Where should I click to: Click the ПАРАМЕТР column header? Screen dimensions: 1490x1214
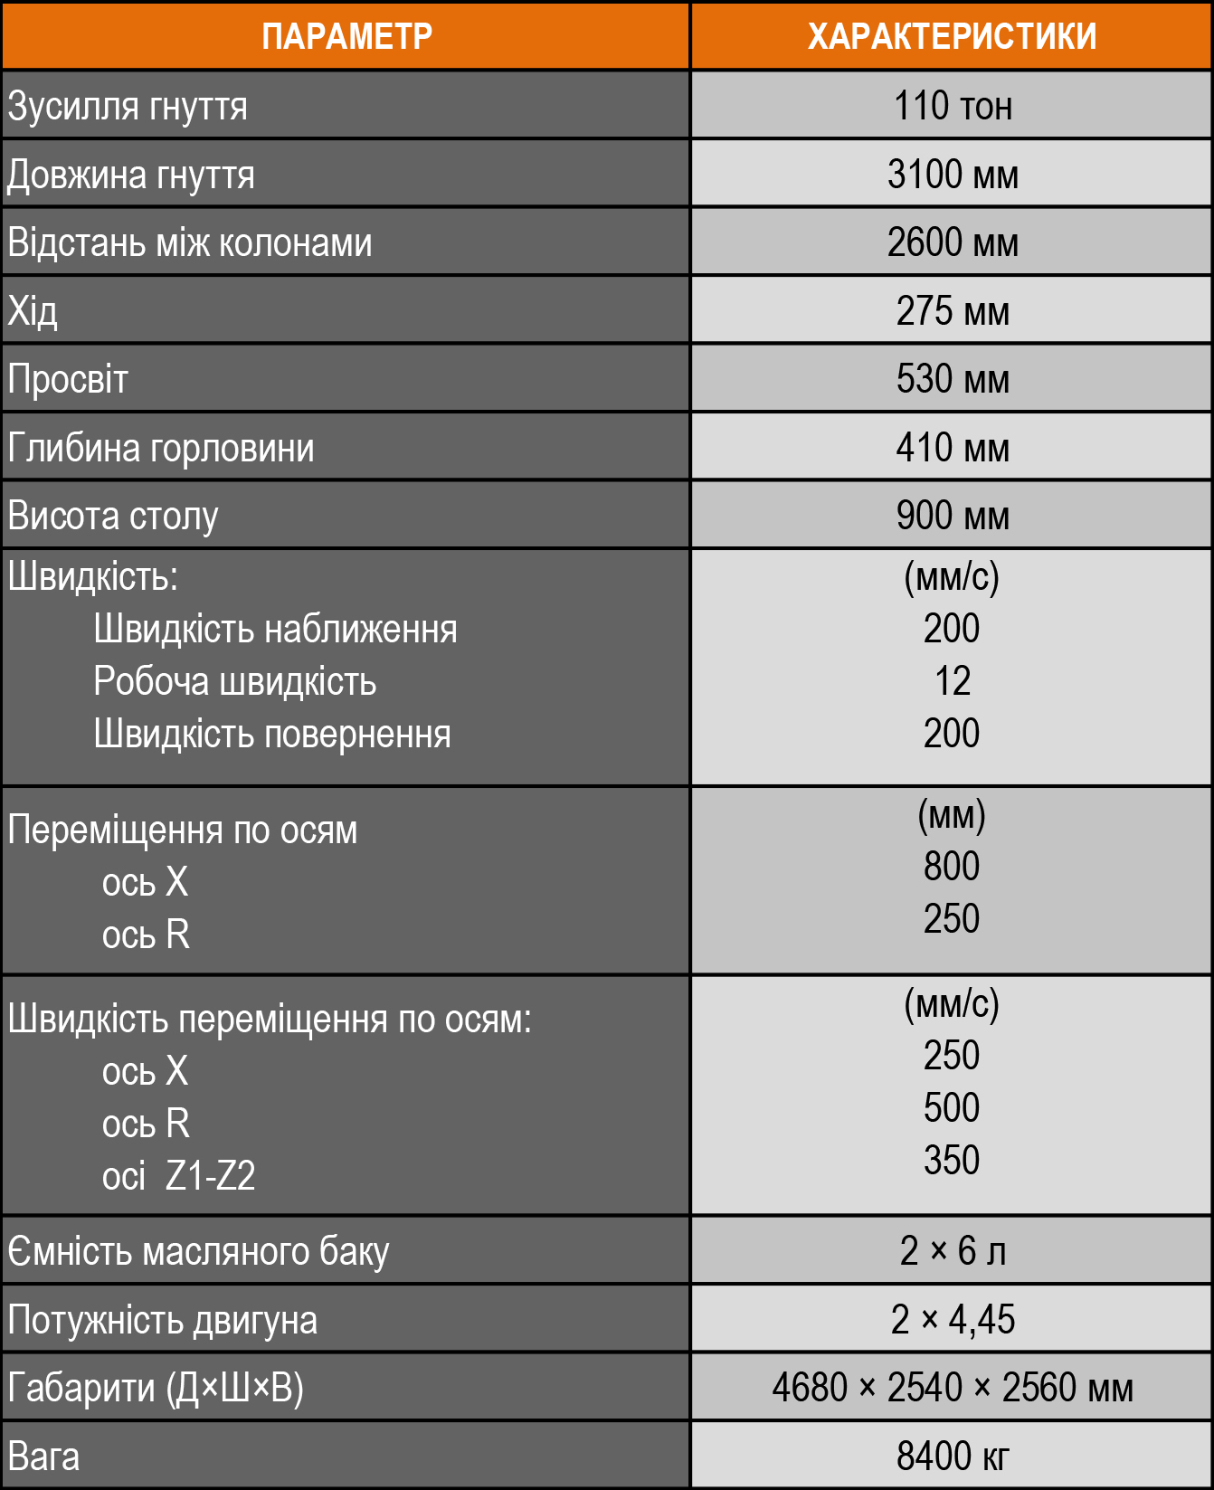346,36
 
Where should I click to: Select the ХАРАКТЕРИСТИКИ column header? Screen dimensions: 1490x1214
952,36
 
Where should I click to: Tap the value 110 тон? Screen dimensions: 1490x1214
952,106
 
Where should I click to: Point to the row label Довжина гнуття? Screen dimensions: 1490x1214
131,175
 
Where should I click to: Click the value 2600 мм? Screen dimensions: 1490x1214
952,242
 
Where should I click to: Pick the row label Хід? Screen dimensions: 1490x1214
33,311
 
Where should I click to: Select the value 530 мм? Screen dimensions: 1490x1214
952,379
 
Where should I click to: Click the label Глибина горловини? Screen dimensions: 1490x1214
161,448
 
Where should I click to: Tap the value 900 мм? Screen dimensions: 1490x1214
952,516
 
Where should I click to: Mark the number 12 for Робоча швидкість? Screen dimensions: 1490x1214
952,681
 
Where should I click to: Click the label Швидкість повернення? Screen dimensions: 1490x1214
271,734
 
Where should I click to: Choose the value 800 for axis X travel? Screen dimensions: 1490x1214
952,867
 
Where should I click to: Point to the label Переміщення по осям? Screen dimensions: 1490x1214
183,830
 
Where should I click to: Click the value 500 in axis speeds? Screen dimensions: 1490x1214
952,1108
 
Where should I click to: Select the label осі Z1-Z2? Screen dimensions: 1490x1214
178,1176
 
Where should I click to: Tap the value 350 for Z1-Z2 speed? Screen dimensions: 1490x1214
952,1161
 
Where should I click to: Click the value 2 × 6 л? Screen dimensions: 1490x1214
952,1251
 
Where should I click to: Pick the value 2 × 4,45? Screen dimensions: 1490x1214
952,1320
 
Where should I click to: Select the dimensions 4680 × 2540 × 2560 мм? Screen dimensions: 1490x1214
952,1388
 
